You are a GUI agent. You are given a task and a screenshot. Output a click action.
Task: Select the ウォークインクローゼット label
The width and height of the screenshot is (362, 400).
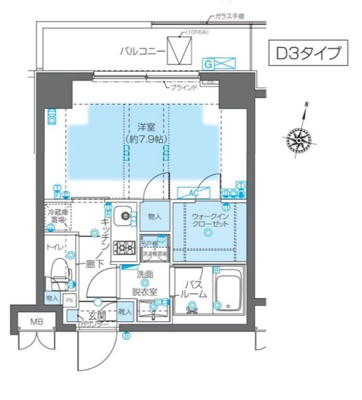tap(210, 220)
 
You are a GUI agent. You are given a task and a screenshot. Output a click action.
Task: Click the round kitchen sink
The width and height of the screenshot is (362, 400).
tap(124, 216)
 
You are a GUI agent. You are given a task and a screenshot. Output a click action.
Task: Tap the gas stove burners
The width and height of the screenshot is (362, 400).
tap(124, 247)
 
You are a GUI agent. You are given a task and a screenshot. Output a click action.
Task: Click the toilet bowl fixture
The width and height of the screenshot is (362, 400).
tap(59, 272)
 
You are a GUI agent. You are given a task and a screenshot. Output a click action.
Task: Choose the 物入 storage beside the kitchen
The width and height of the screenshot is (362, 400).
tap(154, 217)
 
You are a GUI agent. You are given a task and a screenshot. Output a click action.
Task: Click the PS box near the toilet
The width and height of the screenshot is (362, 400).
tap(70, 300)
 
